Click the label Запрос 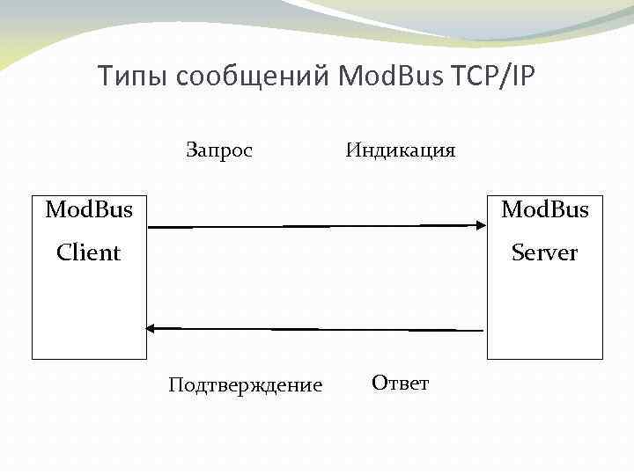[219, 150]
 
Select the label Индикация [401, 150]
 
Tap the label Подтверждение [246, 385]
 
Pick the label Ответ [401, 383]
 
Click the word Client [88, 253]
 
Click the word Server [545, 253]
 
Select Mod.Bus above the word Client [89, 210]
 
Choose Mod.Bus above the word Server [545, 210]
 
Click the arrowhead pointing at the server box [481, 225]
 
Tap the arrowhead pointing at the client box [151, 328]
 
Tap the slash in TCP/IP [505, 77]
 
